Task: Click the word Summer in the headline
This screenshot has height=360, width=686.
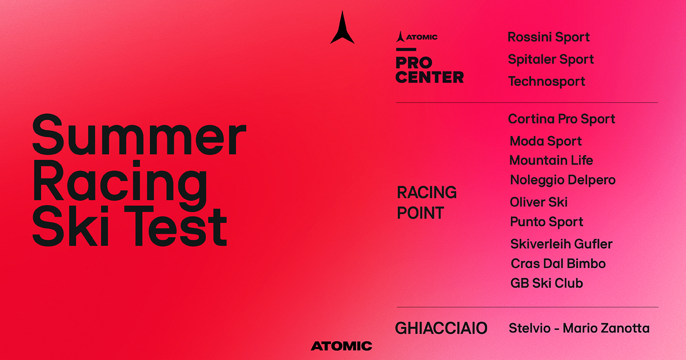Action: click(x=139, y=135)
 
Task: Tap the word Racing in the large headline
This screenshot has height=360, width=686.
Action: click(x=120, y=183)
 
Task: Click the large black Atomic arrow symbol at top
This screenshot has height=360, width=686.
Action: click(x=342, y=27)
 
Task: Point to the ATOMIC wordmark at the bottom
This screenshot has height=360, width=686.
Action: click(x=341, y=346)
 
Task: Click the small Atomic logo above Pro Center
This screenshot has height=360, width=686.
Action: click(x=417, y=37)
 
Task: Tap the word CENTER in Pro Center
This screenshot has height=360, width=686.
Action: click(x=430, y=77)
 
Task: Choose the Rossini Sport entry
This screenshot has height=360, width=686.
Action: click(x=548, y=37)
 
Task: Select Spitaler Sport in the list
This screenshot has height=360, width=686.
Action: click(x=551, y=59)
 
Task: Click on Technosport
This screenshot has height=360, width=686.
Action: click(x=547, y=81)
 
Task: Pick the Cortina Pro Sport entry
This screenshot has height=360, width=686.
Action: click(x=561, y=119)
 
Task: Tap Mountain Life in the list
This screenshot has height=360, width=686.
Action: click(x=551, y=161)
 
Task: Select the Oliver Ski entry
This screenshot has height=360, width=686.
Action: click(x=539, y=202)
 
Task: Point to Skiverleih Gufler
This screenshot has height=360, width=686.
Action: click(x=561, y=244)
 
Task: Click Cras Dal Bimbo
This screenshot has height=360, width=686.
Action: click(x=559, y=263)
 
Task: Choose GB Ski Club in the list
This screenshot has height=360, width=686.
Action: click(x=547, y=283)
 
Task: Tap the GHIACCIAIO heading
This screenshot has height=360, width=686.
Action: click(x=441, y=328)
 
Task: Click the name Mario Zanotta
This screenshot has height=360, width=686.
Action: click(x=606, y=328)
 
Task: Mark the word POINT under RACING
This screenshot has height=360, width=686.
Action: click(x=421, y=213)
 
